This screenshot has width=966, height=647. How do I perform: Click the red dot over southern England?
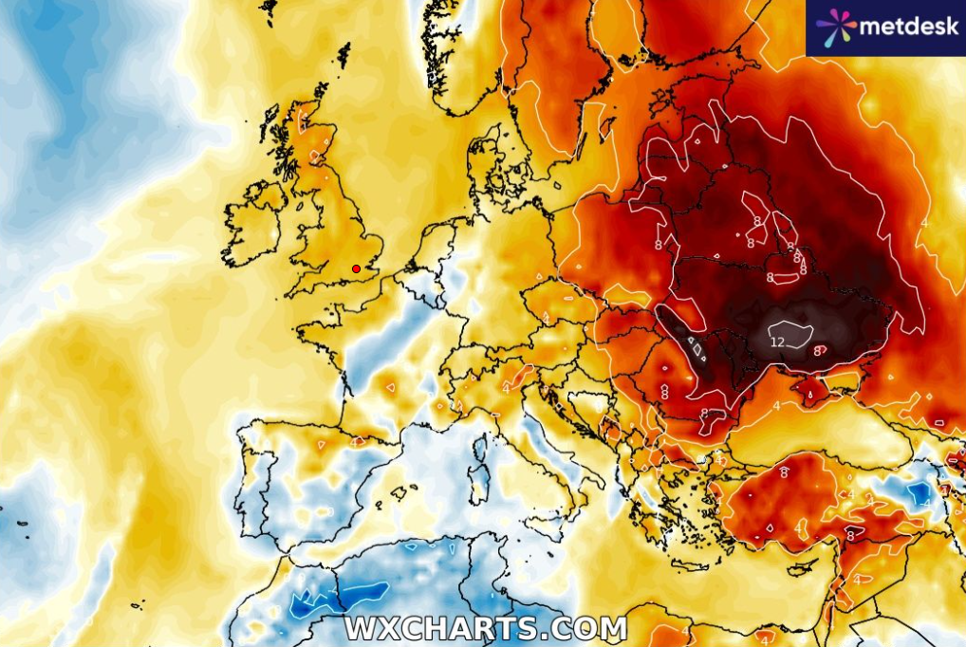click(356, 268)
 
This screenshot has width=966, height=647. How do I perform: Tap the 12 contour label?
click(777, 342)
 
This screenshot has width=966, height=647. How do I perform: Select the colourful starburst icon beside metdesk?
click(835, 28)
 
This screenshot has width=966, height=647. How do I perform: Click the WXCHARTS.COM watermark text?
click(485, 628)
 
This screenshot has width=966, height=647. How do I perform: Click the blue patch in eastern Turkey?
click(918, 493)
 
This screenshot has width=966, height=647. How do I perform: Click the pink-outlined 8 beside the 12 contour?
click(816, 351)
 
